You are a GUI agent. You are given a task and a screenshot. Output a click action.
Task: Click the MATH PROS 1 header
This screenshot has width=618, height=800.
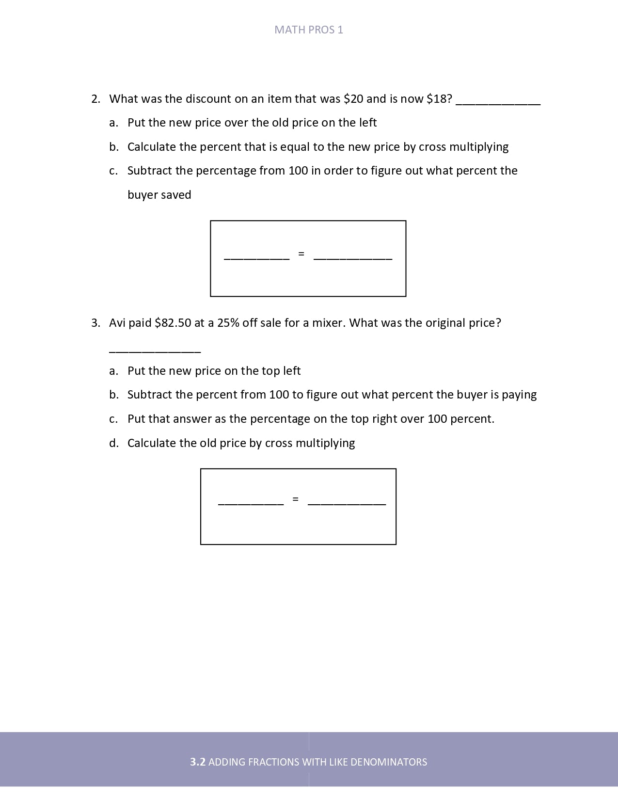pyautogui.click(x=309, y=30)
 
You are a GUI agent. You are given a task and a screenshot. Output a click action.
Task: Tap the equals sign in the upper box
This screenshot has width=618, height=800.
pyautogui.click(x=301, y=254)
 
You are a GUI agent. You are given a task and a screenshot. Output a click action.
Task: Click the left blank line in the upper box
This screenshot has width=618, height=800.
pyautogui.click(x=256, y=258)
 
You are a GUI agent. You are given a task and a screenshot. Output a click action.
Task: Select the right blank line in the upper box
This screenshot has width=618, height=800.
pyautogui.click(x=352, y=258)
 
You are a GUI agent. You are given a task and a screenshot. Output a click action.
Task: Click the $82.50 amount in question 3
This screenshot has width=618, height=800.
pyautogui.click(x=173, y=323)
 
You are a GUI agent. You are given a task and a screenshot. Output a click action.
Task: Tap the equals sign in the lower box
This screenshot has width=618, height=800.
pyautogui.click(x=295, y=499)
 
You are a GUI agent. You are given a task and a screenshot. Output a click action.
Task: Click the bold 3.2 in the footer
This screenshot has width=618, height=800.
pyautogui.click(x=198, y=762)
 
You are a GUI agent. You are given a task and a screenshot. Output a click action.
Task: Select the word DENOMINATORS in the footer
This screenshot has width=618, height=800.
pyautogui.click(x=389, y=762)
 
